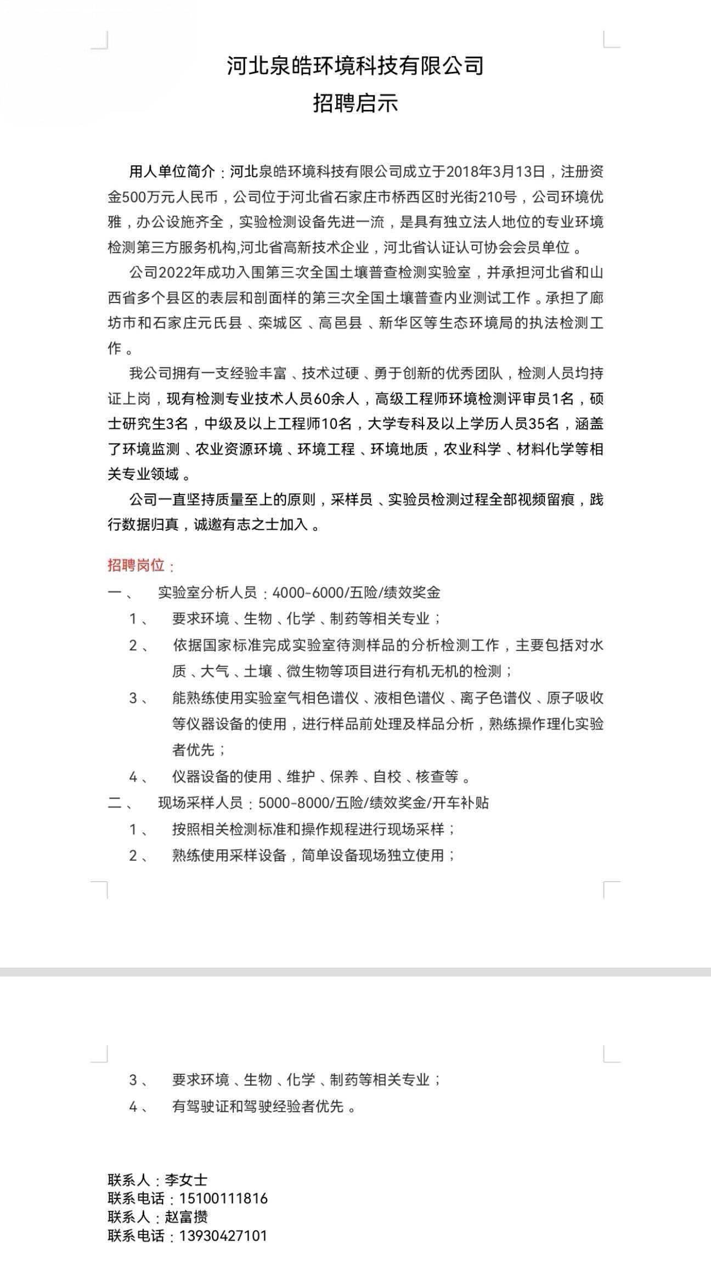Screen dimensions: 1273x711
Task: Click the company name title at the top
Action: click(x=356, y=66)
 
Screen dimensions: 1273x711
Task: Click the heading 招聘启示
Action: click(x=356, y=103)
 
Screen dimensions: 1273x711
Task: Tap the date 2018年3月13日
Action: click(x=496, y=172)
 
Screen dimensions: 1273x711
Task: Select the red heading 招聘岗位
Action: click(x=139, y=565)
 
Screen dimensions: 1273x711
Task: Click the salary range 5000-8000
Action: click(x=293, y=803)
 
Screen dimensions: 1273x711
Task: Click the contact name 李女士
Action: click(x=186, y=1180)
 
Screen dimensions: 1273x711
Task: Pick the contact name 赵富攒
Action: click(x=186, y=1217)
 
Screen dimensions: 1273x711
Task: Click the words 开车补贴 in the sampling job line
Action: click(x=460, y=803)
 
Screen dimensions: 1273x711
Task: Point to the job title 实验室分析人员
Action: click(x=207, y=592)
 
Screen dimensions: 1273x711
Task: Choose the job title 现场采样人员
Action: click(x=200, y=803)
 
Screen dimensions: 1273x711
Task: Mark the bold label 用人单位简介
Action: click(x=172, y=172)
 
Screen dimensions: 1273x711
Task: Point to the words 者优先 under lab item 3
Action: click(x=194, y=750)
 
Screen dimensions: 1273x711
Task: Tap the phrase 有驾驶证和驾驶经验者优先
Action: click(x=258, y=1107)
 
